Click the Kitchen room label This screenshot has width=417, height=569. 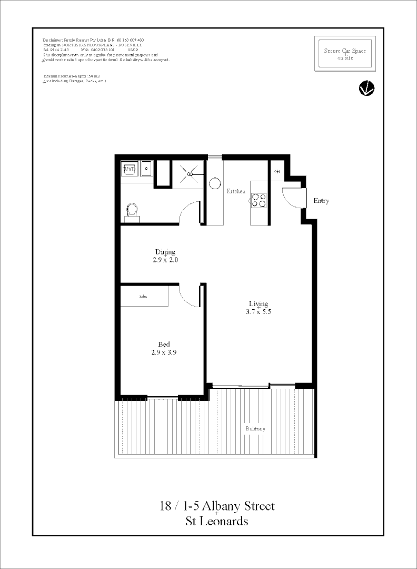[236, 191]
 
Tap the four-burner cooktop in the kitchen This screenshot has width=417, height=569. [259, 200]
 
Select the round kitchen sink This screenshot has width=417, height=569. [215, 183]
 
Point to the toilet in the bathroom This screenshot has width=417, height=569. [132, 211]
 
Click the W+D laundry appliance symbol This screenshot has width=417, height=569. [129, 169]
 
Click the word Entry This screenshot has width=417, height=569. [321, 201]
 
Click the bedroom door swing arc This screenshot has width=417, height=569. [188, 295]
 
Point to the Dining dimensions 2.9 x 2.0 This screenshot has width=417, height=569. [165, 260]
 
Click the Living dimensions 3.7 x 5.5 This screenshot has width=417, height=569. [259, 311]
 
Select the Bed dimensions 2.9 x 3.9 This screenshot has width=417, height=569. [164, 352]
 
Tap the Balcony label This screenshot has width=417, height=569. [255, 429]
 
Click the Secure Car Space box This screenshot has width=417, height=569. [345, 54]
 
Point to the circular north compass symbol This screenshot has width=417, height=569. [366, 89]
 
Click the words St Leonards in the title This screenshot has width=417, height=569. [217, 522]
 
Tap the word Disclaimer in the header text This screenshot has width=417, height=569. [53, 40]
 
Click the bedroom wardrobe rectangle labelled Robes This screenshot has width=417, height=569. [144, 296]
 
